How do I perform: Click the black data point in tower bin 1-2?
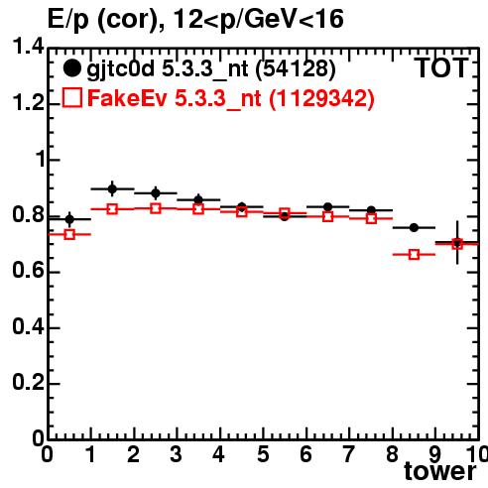(x=112, y=189)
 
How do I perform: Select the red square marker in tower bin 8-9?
(x=414, y=255)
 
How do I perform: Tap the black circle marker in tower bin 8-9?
(x=414, y=227)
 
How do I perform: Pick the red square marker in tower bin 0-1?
(x=69, y=234)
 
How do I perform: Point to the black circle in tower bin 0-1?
(x=69, y=219)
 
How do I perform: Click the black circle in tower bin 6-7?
(x=327, y=207)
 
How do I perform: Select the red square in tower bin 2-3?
(x=156, y=208)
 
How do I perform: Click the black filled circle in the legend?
(x=71, y=68)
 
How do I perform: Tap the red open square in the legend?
(x=72, y=98)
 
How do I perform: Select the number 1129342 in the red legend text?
(x=321, y=98)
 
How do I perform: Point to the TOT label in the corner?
(x=441, y=68)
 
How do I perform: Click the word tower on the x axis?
(x=439, y=471)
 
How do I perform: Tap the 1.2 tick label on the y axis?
(x=28, y=103)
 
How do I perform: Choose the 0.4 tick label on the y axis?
(x=28, y=326)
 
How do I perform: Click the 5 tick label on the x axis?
(x=263, y=454)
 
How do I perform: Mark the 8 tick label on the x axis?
(x=392, y=454)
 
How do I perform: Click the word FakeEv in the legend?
(x=127, y=98)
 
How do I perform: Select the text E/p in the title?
(x=68, y=20)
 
